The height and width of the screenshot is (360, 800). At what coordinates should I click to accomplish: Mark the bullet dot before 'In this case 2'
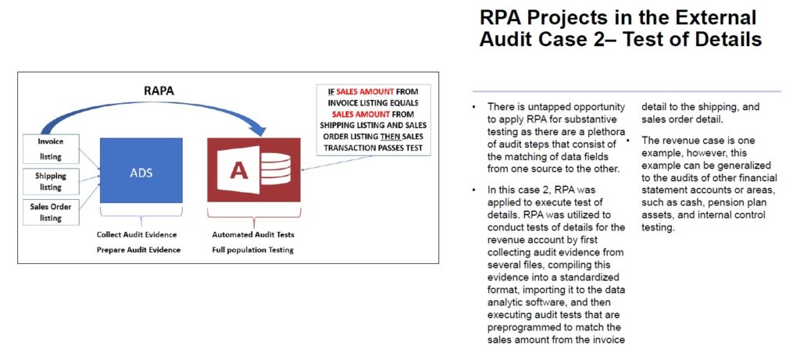[473, 191]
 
